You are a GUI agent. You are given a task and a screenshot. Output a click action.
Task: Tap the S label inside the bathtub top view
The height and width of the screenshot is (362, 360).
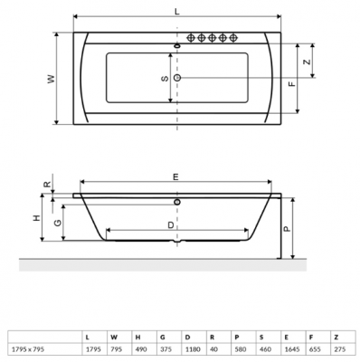pyautogui.click(x=164, y=79)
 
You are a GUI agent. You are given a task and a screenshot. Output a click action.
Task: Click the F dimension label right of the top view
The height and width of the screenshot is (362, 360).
pyautogui.click(x=290, y=84)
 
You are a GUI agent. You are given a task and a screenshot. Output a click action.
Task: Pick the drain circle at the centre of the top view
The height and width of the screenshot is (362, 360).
pyautogui.click(x=177, y=79)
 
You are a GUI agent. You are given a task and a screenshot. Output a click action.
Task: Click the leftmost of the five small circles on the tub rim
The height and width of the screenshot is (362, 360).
pyautogui.click(x=191, y=38)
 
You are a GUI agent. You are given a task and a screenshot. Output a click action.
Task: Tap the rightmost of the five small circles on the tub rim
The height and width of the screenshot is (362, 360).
pyautogui.click(x=234, y=38)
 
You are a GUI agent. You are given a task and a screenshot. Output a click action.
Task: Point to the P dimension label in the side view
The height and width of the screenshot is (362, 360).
pyautogui.click(x=285, y=228)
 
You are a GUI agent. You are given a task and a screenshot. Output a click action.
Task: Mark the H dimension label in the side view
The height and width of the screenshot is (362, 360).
pyautogui.click(x=35, y=218)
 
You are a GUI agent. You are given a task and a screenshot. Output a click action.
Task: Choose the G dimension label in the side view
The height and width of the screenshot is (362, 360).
pyautogui.click(x=57, y=223)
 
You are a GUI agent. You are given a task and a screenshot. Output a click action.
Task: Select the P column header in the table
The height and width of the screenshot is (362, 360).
pyautogui.click(x=237, y=336)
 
